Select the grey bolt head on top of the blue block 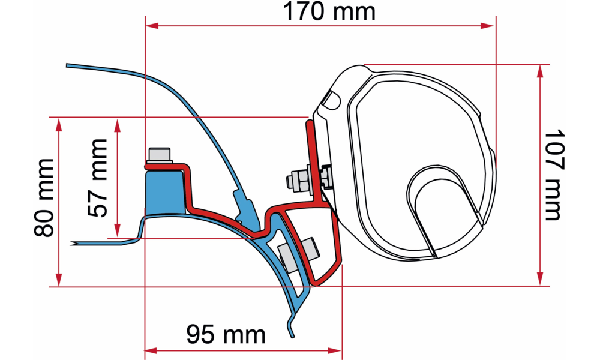[x=160, y=155]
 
